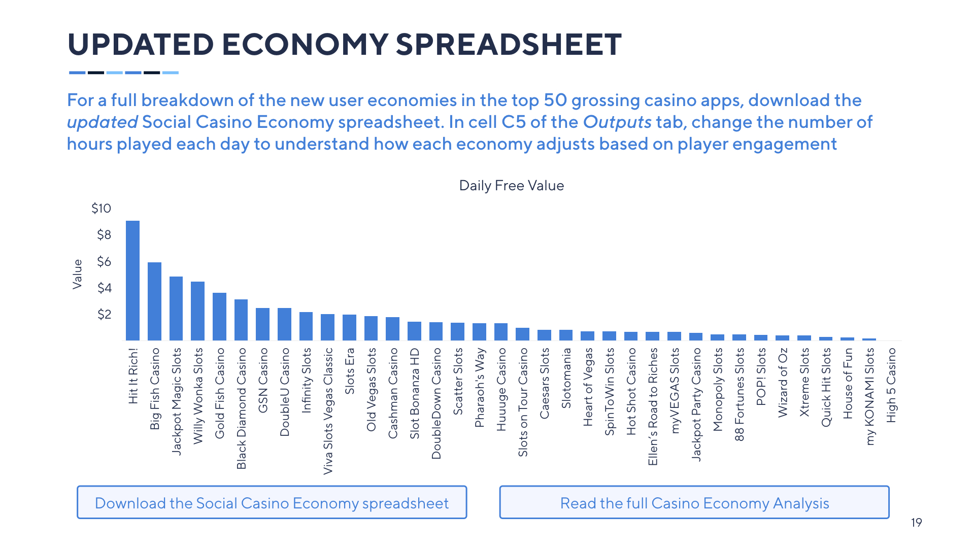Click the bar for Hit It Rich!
click(x=132, y=280)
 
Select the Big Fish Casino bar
click(x=154, y=301)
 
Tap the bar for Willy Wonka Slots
click(x=197, y=311)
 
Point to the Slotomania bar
click(x=566, y=335)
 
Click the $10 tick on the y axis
click(x=101, y=209)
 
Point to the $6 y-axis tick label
click(x=104, y=262)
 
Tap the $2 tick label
click(x=104, y=315)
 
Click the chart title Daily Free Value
click(x=511, y=186)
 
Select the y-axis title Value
click(x=77, y=274)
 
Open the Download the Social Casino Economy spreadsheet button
click(x=272, y=502)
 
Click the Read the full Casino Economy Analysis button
click(x=694, y=502)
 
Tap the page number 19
click(x=916, y=523)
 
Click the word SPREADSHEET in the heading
click(x=509, y=45)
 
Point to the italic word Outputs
click(x=617, y=122)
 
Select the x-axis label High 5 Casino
click(x=891, y=385)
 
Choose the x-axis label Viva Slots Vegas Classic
click(x=328, y=411)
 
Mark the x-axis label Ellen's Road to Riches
click(x=653, y=406)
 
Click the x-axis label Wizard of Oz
click(x=783, y=383)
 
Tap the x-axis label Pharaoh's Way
click(x=479, y=388)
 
